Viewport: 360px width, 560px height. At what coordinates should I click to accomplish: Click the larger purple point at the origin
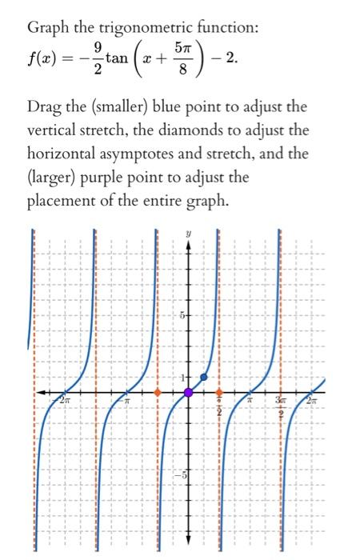click(x=189, y=393)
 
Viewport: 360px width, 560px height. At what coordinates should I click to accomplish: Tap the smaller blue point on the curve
click(x=204, y=377)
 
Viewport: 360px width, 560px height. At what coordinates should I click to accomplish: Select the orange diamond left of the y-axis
click(x=158, y=393)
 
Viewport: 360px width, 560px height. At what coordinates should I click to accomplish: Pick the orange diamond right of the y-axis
click(x=219, y=393)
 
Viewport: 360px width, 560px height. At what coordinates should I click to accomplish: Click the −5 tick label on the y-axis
click(x=181, y=472)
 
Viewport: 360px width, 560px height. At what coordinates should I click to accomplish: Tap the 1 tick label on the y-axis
click(x=182, y=377)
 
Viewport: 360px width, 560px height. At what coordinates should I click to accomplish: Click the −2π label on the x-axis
click(x=63, y=398)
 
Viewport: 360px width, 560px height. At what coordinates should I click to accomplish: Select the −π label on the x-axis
click(x=126, y=398)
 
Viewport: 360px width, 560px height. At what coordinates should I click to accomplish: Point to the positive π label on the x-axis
click(x=250, y=398)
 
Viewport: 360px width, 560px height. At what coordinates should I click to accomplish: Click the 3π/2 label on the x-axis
click(x=282, y=403)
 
